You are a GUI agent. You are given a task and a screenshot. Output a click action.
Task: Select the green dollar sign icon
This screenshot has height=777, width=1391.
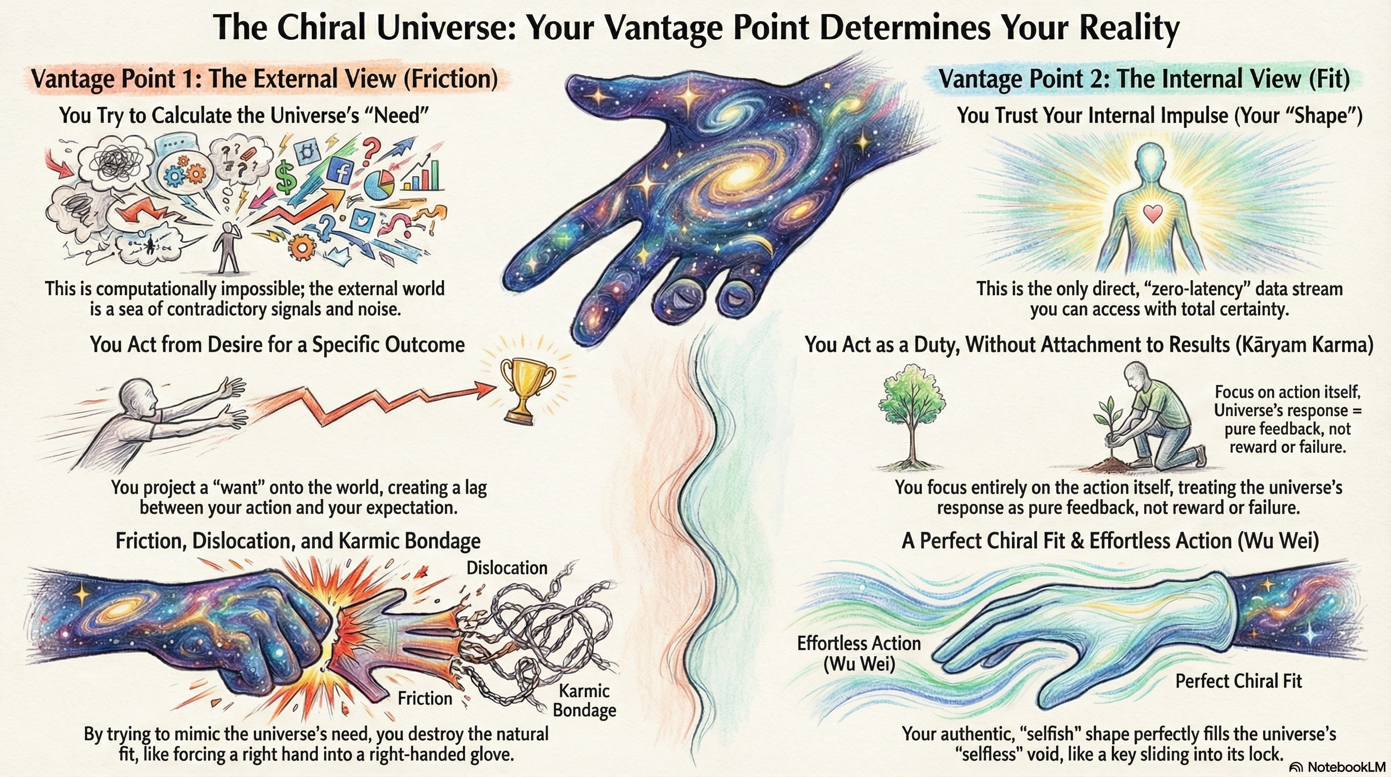(x=286, y=178)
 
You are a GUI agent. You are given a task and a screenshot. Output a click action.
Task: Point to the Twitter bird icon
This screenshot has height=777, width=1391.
(x=360, y=221)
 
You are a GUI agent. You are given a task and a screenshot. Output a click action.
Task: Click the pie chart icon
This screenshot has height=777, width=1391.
(x=379, y=184)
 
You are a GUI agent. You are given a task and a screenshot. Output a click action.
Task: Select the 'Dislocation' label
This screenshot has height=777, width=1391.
(x=506, y=568)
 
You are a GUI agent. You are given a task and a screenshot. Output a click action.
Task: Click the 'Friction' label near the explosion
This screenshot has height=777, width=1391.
(x=425, y=698)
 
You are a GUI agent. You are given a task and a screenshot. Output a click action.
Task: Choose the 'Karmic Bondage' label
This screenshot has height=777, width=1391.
(x=584, y=700)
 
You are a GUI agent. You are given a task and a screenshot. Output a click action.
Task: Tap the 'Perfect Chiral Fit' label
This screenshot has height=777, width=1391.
(x=1238, y=681)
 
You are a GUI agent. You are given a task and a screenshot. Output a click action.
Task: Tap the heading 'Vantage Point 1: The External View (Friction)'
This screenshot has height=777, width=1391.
(x=264, y=79)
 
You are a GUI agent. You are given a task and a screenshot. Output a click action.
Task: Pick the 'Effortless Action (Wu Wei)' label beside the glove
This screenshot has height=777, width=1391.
(x=859, y=653)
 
